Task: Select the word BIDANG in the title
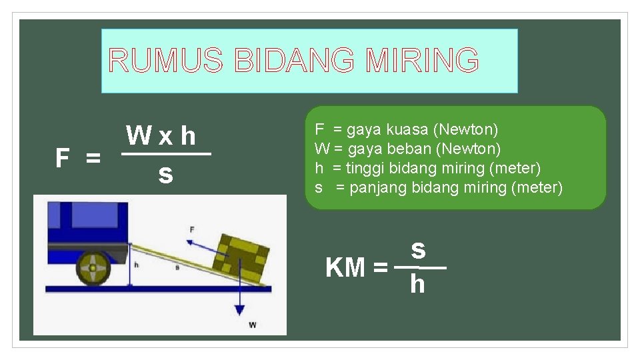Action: click(293, 61)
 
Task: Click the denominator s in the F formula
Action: click(165, 175)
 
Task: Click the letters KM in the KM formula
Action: click(345, 268)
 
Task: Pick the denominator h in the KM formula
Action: click(417, 285)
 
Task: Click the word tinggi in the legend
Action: click(367, 167)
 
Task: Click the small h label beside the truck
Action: click(136, 265)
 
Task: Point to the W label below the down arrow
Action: click(252, 325)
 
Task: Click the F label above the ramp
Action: click(192, 229)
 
